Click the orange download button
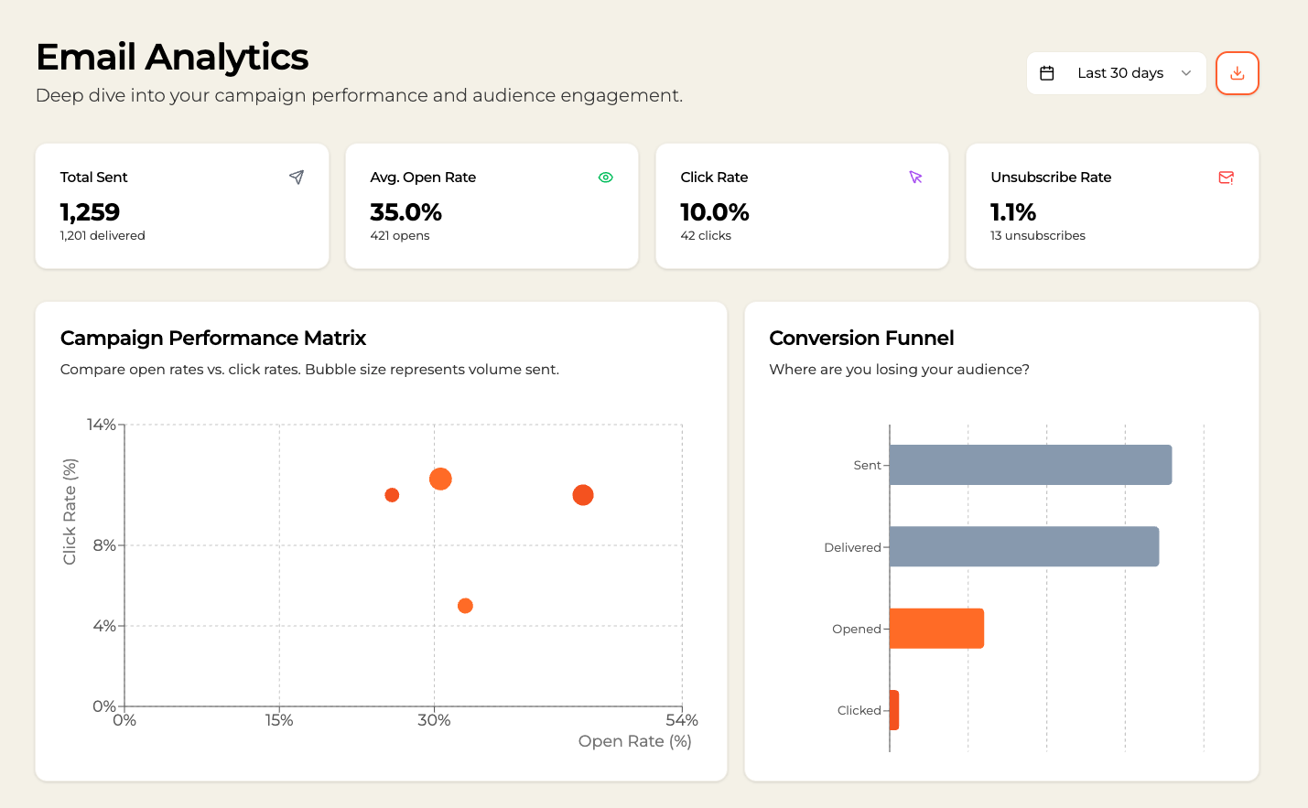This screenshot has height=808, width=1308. pyautogui.click(x=1237, y=73)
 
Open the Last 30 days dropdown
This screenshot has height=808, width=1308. pyautogui.click(x=1116, y=73)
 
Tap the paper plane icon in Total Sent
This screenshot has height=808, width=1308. pyautogui.click(x=297, y=177)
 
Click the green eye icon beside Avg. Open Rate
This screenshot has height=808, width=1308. pyautogui.click(x=606, y=178)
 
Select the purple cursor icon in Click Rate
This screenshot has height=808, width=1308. pyautogui.click(x=915, y=178)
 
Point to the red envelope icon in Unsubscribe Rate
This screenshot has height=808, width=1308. pyautogui.click(x=1227, y=178)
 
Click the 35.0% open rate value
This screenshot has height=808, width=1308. pyautogui.click(x=405, y=212)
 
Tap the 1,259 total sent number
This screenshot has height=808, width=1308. pyautogui.click(x=90, y=212)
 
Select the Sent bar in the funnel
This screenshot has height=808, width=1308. pyautogui.click(x=1030, y=465)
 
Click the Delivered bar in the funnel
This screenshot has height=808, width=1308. pyautogui.click(x=1023, y=546)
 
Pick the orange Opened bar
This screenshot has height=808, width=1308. pyautogui.click(x=936, y=629)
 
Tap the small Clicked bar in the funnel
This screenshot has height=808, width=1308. pyautogui.click(x=894, y=710)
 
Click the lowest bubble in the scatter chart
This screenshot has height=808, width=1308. pyautogui.click(x=465, y=606)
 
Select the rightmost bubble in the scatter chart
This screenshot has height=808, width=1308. pyautogui.click(x=583, y=495)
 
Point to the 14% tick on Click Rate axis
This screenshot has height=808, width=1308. pyautogui.click(x=102, y=425)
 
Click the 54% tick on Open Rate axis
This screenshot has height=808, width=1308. pyautogui.click(x=682, y=720)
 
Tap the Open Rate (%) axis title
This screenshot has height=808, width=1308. pyautogui.click(x=634, y=741)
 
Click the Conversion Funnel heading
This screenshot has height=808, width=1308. pyautogui.click(x=861, y=339)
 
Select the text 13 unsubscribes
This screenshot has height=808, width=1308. pyautogui.click(x=1037, y=236)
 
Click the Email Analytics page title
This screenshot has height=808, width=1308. pyautogui.click(x=172, y=58)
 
